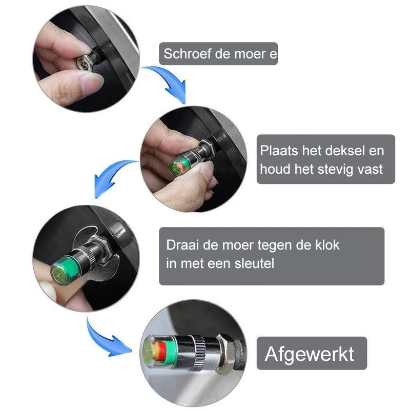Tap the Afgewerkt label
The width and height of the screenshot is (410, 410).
point(310,354)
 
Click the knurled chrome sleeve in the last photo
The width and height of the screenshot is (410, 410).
point(197,353)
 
